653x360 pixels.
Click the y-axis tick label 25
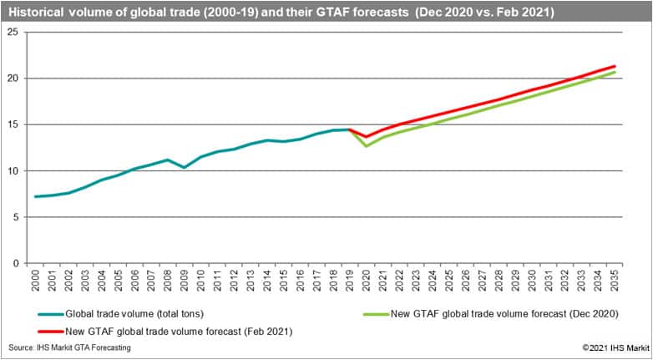(13, 32)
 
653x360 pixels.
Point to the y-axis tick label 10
(13, 171)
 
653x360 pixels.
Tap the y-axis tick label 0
(16, 263)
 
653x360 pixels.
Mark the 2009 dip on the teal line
(185, 168)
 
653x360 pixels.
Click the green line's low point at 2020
(366, 146)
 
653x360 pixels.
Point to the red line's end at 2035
(614, 66)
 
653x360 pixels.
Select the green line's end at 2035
(614, 72)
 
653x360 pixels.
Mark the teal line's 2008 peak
(168, 160)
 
